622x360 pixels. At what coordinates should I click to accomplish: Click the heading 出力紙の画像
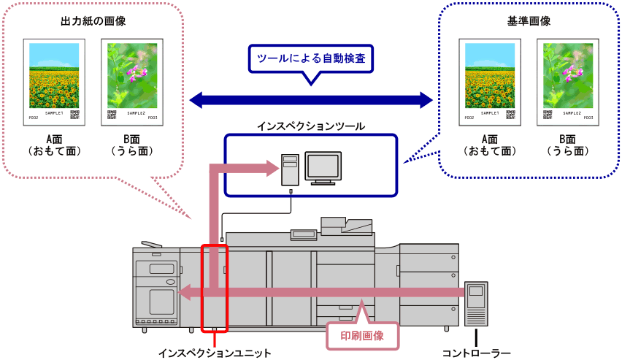click(x=93, y=21)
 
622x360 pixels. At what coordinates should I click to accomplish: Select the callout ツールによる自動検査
click(x=310, y=59)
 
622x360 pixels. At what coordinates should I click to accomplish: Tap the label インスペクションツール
click(x=310, y=126)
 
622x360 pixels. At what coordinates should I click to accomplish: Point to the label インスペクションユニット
click(x=215, y=353)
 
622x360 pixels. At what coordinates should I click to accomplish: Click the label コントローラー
click(x=477, y=353)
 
